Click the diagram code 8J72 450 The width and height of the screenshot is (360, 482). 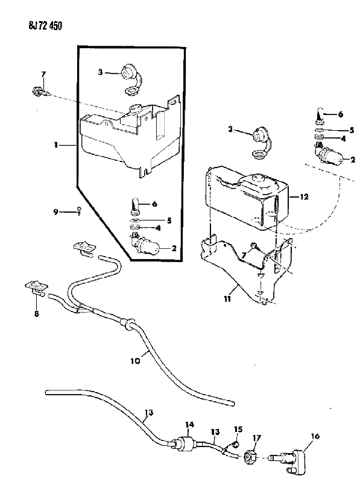(x=45, y=26)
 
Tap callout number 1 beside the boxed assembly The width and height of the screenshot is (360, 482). (x=55, y=144)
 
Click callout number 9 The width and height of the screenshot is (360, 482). (x=55, y=212)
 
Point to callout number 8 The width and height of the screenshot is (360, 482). (x=37, y=314)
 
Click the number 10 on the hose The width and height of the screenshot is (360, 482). (x=135, y=360)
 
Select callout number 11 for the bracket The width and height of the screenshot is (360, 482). (x=227, y=298)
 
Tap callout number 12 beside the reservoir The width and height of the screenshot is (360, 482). (x=304, y=196)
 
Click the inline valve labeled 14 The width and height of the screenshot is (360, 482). (x=185, y=443)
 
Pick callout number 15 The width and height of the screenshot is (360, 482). (x=238, y=429)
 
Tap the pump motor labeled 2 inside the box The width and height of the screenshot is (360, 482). (x=144, y=244)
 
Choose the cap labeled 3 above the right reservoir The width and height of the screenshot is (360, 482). (x=261, y=144)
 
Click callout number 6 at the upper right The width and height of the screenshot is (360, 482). (x=340, y=114)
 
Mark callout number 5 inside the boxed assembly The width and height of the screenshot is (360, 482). (x=169, y=221)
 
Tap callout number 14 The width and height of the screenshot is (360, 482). (x=189, y=425)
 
